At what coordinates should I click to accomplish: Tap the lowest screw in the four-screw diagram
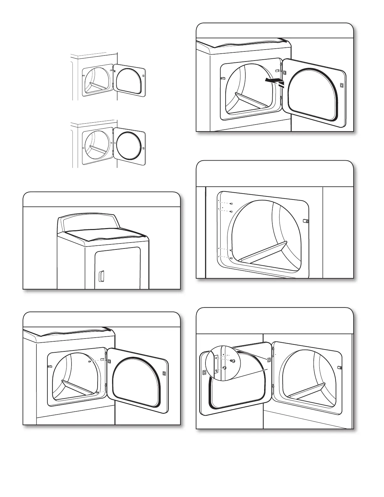point(231,258)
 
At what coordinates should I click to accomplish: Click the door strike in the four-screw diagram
point(307,221)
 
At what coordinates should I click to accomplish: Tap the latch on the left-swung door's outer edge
point(204,372)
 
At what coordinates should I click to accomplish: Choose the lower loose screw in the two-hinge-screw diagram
point(98,393)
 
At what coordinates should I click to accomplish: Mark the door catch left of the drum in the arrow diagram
point(223,78)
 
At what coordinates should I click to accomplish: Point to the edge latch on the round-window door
point(143,148)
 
